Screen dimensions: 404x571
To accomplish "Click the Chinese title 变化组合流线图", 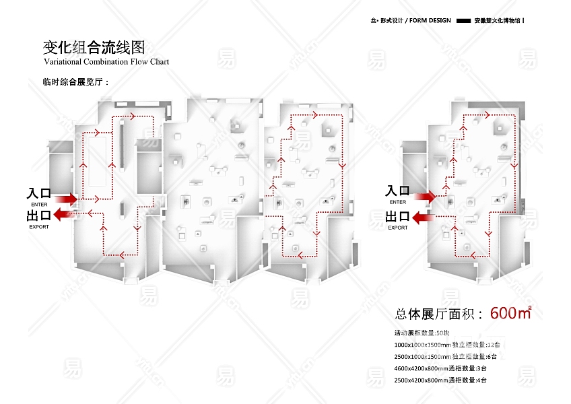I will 94,47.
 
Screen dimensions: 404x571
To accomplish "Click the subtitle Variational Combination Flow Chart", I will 106,62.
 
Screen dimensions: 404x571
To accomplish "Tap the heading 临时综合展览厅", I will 75,82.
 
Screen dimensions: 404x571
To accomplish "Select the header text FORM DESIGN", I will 430,21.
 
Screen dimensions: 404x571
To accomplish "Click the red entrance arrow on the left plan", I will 66,199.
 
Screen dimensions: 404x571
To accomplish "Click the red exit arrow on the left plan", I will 65,214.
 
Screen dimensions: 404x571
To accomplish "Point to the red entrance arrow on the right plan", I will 424,197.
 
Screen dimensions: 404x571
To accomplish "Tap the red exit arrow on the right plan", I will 423,217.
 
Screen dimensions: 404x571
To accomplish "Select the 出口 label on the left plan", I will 39,215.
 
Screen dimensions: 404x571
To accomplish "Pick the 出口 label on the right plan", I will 397,217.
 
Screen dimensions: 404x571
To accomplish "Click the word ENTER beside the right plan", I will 397,202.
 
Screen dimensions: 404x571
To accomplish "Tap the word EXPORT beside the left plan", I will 39,227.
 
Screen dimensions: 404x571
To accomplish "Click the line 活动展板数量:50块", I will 422,333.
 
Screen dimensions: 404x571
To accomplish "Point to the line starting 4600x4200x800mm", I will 440,369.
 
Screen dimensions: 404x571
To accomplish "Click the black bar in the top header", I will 463,21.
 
